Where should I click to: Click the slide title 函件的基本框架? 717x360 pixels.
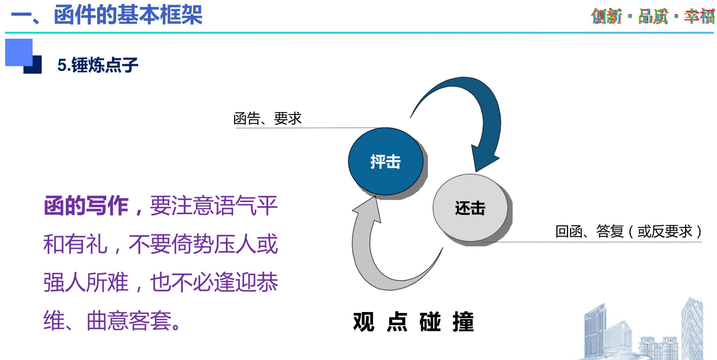click(128, 15)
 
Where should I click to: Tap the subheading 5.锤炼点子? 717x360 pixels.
click(98, 65)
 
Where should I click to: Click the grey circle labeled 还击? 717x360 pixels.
click(470, 208)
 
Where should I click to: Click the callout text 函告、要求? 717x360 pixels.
click(267, 118)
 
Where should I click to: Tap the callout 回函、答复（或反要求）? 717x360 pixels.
click(629, 232)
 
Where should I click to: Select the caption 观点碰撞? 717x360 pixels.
click(414, 322)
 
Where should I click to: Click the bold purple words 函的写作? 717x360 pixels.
click(86, 206)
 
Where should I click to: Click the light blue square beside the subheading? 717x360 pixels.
click(19, 52)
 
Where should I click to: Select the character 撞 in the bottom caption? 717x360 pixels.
click(463, 322)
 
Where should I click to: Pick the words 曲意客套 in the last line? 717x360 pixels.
click(129, 321)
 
